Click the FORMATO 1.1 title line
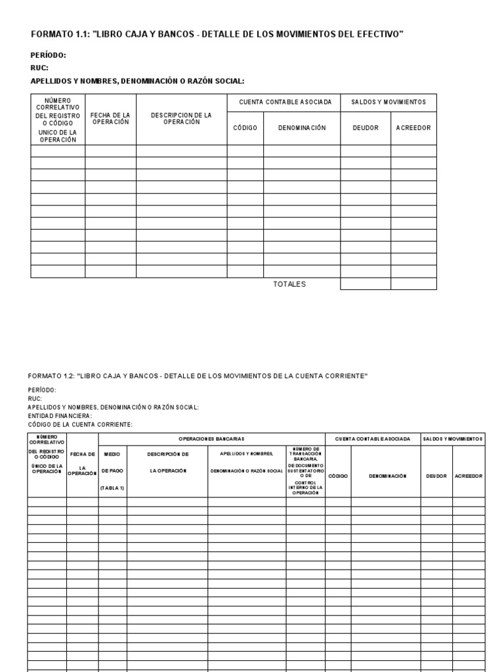(x=217, y=34)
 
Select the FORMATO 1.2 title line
(x=198, y=376)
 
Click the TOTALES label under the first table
(x=289, y=284)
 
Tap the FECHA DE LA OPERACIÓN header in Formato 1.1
(x=110, y=119)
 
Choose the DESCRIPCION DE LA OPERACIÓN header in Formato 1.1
(x=181, y=119)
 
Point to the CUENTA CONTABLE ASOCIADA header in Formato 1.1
(x=283, y=102)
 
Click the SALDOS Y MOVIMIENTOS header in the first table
(x=388, y=102)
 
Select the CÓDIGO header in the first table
(x=245, y=128)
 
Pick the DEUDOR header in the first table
(x=366, y=128)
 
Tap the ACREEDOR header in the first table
(x=413, y=128)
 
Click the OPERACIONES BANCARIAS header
(x=211, y=438)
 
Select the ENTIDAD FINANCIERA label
(x=60, y=415)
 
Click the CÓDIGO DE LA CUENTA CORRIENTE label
(x=80, y=424)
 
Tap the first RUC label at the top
(x=39, y=68)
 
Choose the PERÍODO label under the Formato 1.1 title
(x=49, y=56)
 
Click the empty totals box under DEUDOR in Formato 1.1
(x=366, y=284)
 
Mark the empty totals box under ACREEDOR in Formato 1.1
(x=413, y=284)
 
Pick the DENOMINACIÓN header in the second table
(x=386, y=476)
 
